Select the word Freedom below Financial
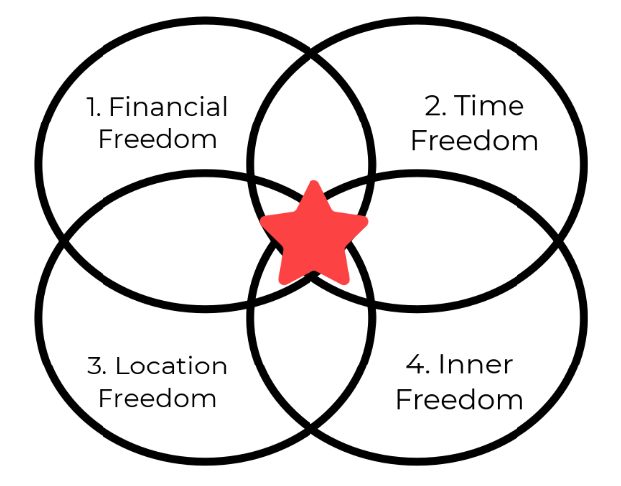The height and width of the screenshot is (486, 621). [x=157, y=138]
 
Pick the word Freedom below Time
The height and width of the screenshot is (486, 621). [x=474, y=139]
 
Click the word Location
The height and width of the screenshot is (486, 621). [x=171, y=366]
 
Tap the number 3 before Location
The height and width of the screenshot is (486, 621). [x=96, y=366]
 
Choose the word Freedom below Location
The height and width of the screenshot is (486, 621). [x=157, y=399]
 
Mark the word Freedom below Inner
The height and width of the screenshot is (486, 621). [x=459, y=399]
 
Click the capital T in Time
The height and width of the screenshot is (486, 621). [x=467, y=107]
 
